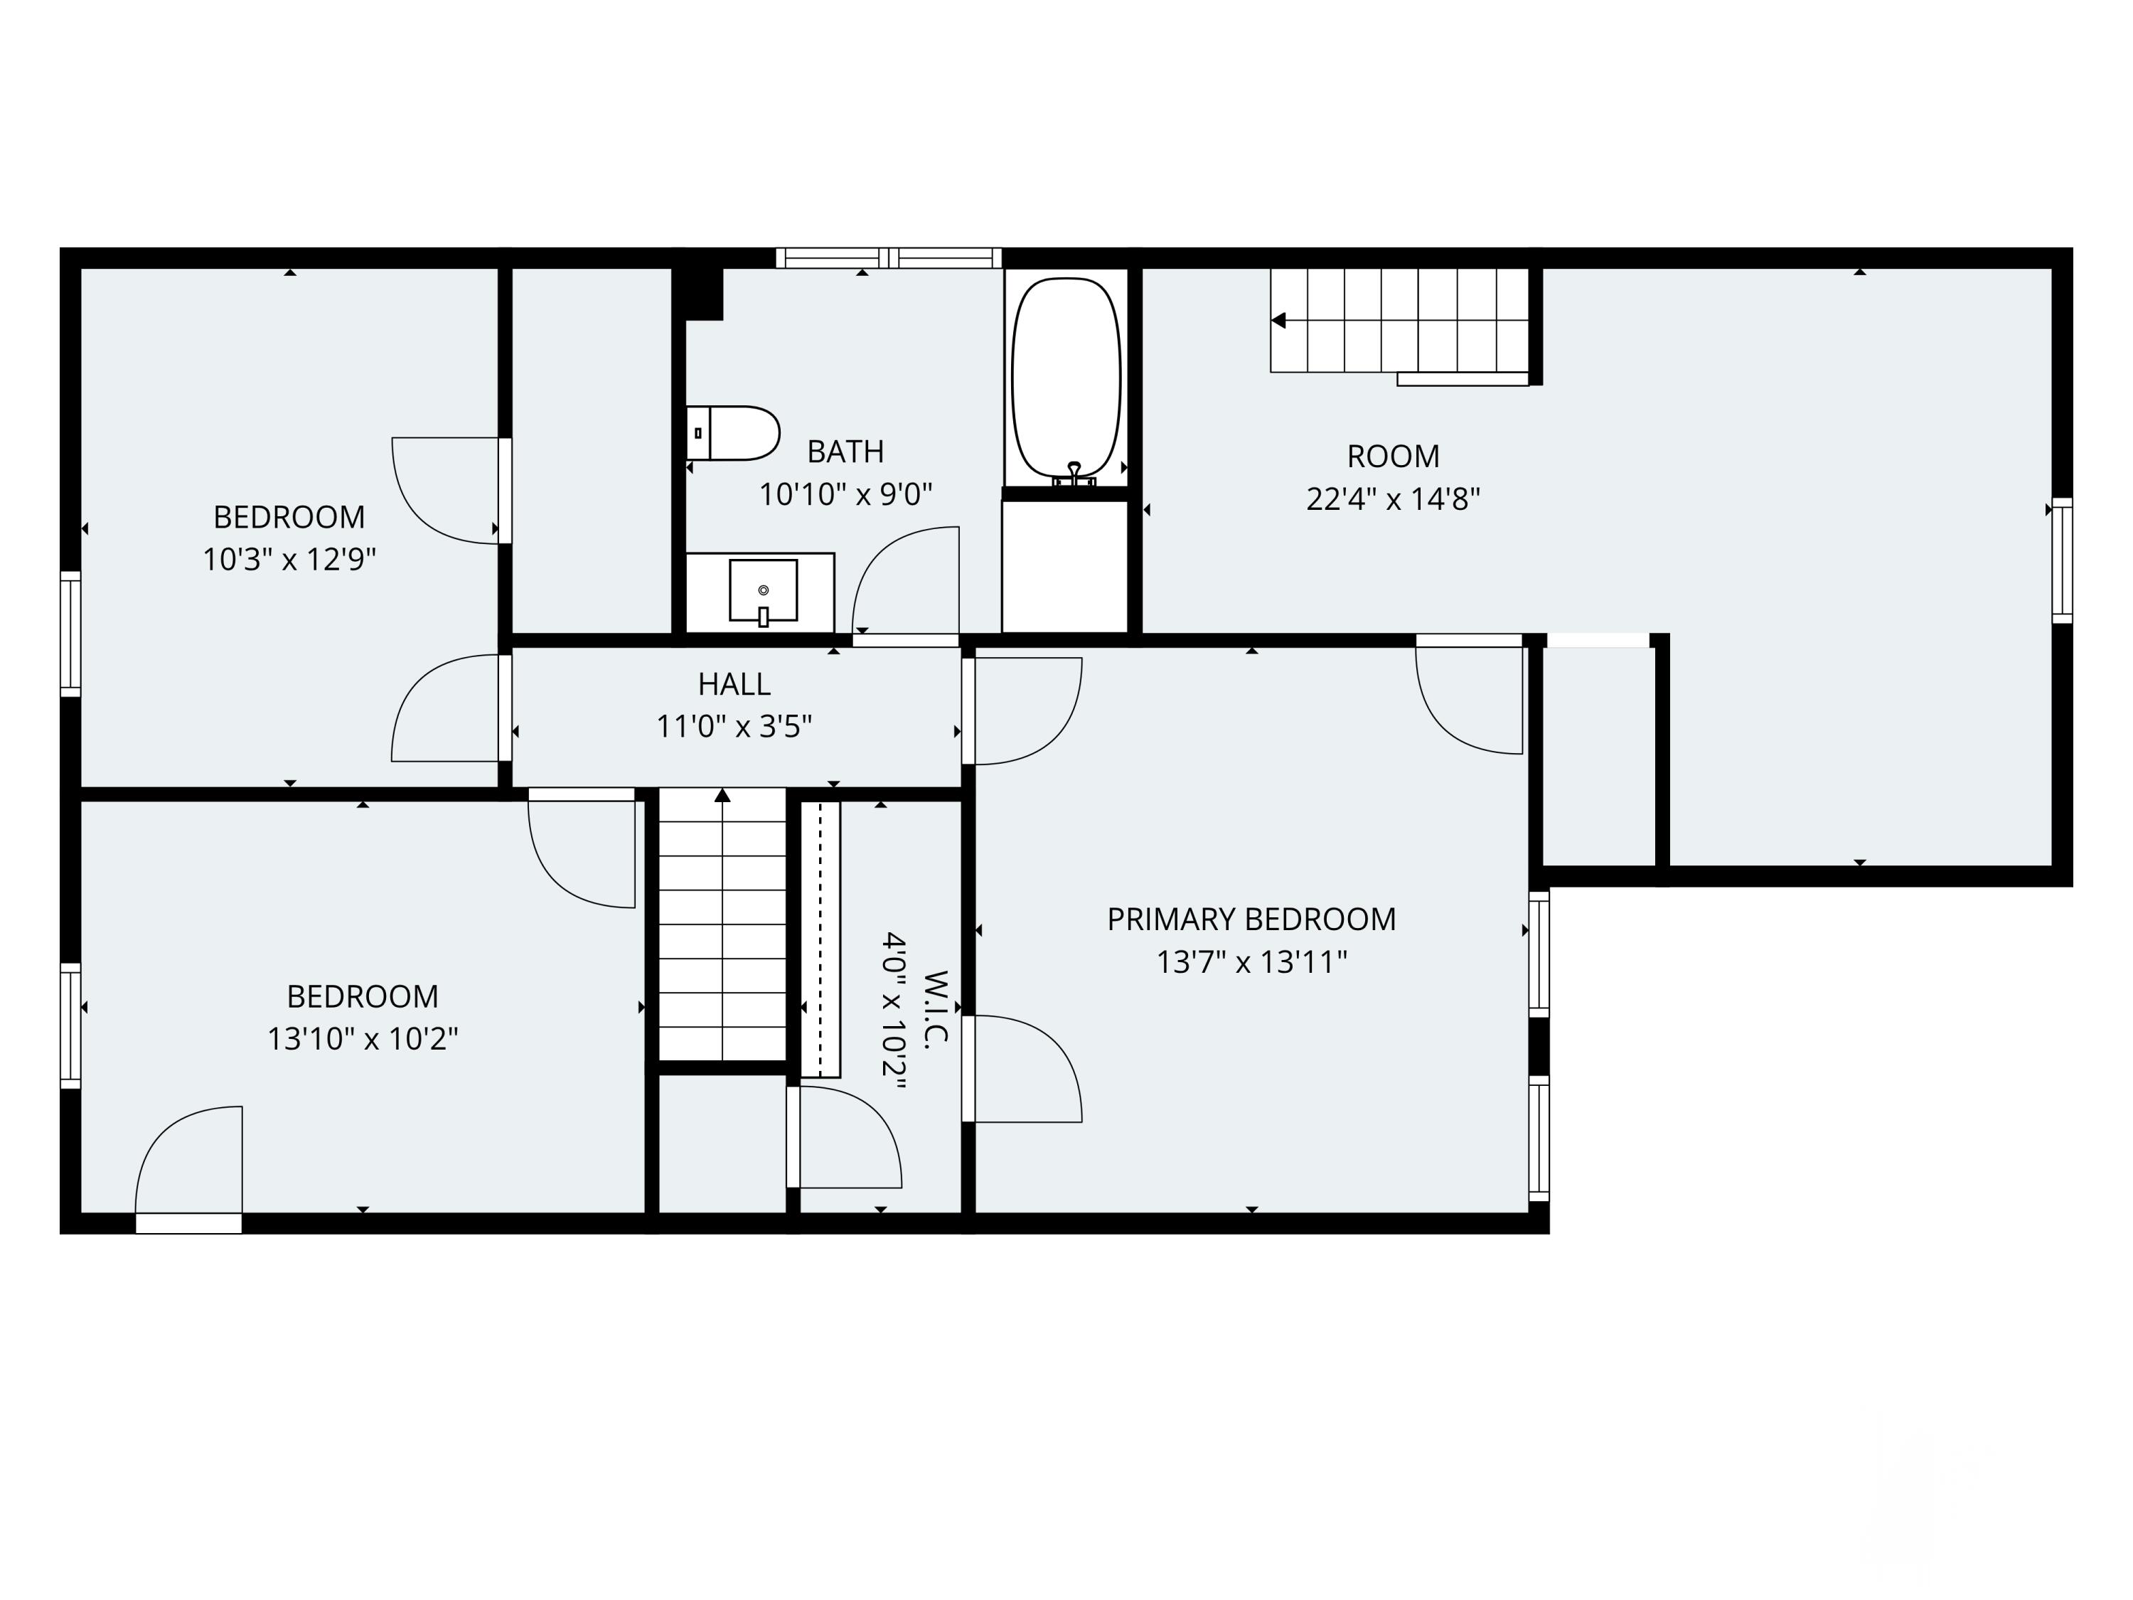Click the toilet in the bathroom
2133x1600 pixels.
click(x=733, y=433)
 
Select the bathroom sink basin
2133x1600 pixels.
click(x=763, y=590)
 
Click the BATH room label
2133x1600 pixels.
click(x=845, y=452)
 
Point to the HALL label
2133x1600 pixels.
click(x=734, y=684)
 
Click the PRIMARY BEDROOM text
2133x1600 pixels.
click(x=1251, y=919)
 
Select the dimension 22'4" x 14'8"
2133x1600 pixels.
click(x=1392, y=498)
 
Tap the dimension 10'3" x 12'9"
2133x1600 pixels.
click(x=289, y=560)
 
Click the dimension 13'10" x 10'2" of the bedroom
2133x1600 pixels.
click(x=363, y=1039)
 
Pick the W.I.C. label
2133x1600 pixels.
click(x=936, y=1007)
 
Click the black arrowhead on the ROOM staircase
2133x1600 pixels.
click(x=1278, y=320)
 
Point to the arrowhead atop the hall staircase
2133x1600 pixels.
click(x=722, y=795)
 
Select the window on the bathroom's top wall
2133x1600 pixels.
click(x=889, y=257)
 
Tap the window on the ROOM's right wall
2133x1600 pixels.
click(x=2062, y=560)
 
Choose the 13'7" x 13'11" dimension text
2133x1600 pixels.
click(x=1251, y=963)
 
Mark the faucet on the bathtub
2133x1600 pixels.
click(x=1073, y=473)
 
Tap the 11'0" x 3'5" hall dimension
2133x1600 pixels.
click(x=734, y=726)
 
